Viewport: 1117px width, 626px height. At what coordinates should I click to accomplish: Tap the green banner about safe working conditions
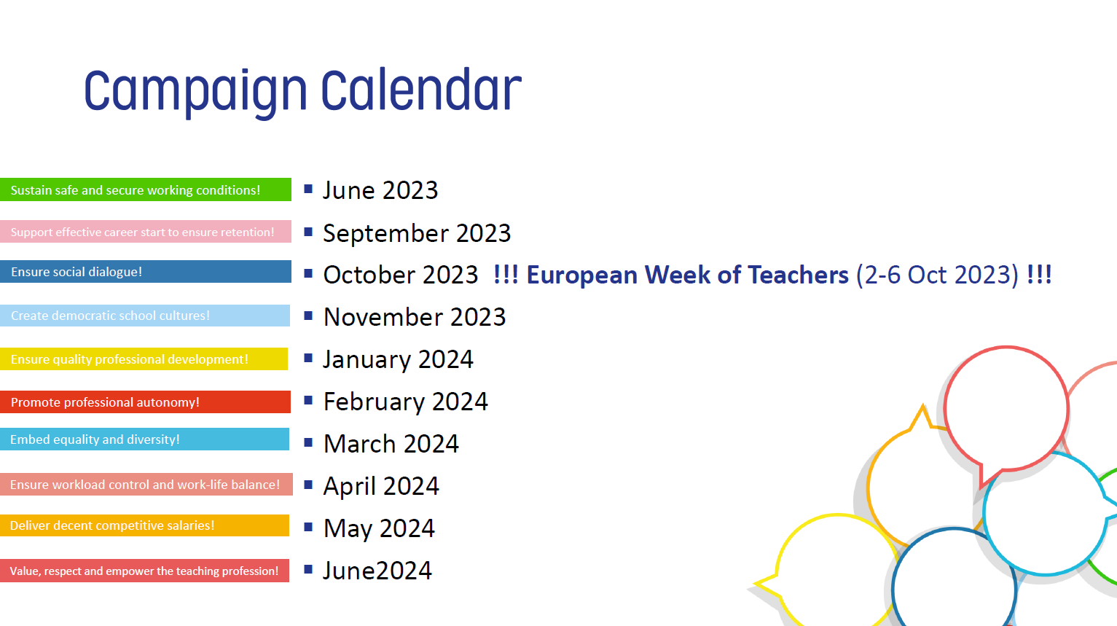(x=146, y=189)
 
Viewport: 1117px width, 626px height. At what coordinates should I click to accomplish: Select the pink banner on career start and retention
(x=146, y=232)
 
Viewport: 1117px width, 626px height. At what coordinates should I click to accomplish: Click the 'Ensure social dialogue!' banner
(x=146, y=271)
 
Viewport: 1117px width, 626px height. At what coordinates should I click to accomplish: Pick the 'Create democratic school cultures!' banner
(x=144, y=316)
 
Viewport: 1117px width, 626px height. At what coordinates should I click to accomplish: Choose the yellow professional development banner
(x=144, y=359)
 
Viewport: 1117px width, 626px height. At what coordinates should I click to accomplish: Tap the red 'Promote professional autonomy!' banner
(x=145, y=402)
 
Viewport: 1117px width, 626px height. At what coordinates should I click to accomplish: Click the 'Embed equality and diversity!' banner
(x=144, y=439)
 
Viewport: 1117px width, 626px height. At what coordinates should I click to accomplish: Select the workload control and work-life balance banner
(x=146, y=485)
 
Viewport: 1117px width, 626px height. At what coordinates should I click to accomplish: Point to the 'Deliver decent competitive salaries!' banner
(x=144, y=525)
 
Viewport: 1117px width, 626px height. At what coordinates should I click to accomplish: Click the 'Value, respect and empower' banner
(x=144, y=571)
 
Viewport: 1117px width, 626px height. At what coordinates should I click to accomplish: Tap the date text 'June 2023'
(x=380, y=190)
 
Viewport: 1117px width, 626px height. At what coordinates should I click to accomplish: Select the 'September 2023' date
(x=417, y=233)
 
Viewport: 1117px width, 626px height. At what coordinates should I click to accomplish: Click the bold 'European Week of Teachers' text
(x=687, y=275)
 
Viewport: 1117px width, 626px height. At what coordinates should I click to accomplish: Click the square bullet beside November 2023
(x=308, y=316)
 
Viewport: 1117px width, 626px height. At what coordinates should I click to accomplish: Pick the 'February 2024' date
(x=405, y=402)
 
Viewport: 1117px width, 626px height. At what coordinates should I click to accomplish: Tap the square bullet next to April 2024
(x=308, y=485)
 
